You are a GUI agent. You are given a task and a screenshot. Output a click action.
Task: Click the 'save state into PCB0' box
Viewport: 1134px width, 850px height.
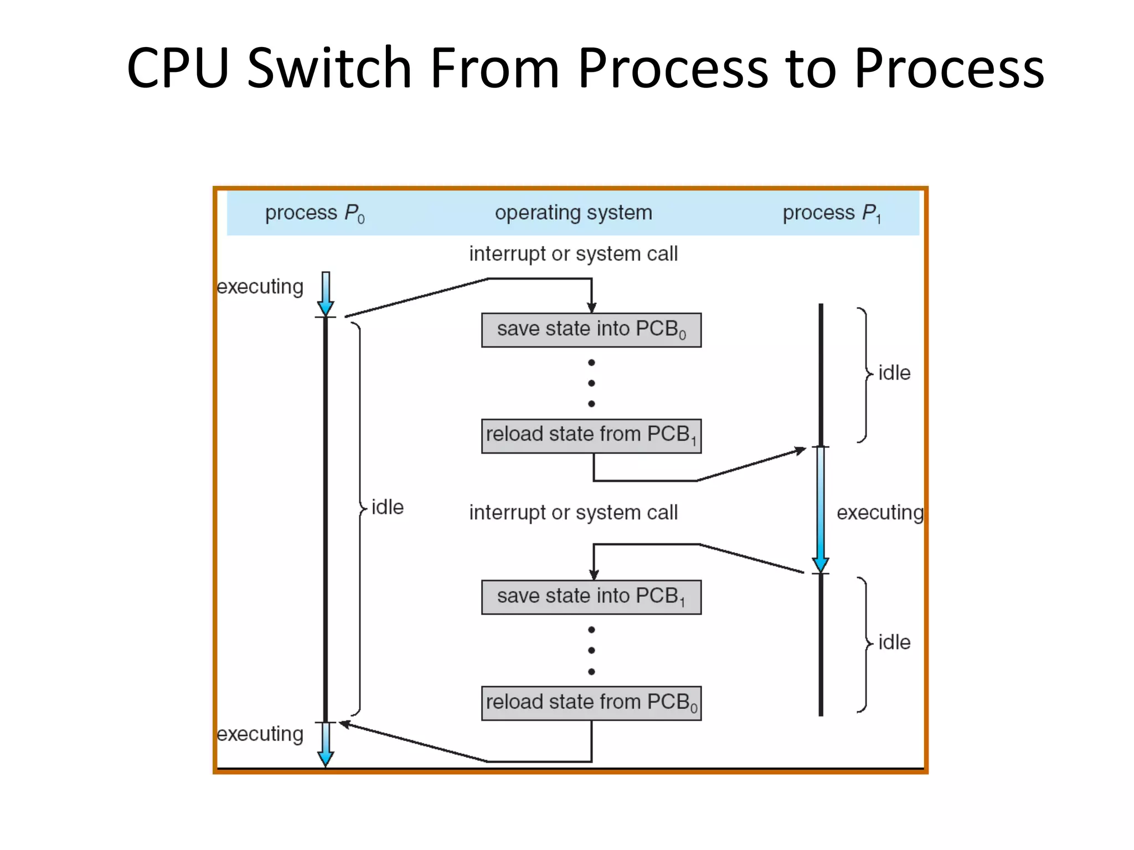pos(591,330)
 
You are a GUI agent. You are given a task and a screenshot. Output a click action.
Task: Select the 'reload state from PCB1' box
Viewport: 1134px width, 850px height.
pos(591,436)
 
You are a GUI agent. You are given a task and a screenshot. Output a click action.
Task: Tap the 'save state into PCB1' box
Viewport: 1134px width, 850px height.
pos(591,597)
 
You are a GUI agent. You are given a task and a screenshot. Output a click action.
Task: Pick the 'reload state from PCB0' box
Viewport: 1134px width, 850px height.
pos(591,703)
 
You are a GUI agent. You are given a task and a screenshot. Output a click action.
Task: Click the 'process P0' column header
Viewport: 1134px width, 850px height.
pos(314,213)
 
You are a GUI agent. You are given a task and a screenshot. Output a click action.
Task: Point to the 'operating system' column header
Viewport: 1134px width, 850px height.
pos(573,212)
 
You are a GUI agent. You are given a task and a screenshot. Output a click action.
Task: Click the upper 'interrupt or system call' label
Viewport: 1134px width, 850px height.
pos(573,254)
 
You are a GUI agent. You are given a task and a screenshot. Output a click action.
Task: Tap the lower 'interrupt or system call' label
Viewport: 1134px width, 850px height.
pos(573,512)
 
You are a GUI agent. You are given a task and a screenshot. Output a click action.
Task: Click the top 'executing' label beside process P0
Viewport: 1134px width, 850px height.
pos(260,287)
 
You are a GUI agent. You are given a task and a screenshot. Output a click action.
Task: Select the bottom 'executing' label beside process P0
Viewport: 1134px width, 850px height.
pos(260,734)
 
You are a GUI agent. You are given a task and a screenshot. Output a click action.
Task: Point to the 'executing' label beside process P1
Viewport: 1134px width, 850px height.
pos(879,512)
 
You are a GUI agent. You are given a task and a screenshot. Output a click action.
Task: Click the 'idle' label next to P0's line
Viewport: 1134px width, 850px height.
pos(387,507)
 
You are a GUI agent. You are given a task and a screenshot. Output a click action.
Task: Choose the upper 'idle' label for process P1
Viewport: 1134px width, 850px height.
pos(894,373)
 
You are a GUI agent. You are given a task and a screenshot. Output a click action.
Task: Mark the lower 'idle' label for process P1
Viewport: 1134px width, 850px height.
pos(894,642)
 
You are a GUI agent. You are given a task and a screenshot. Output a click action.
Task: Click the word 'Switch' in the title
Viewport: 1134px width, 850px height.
pos(329,68)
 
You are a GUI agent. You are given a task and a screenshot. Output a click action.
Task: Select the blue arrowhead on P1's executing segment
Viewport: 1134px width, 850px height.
pos(821,564)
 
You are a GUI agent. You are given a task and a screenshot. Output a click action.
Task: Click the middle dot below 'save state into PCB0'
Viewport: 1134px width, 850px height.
pos(591,383)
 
